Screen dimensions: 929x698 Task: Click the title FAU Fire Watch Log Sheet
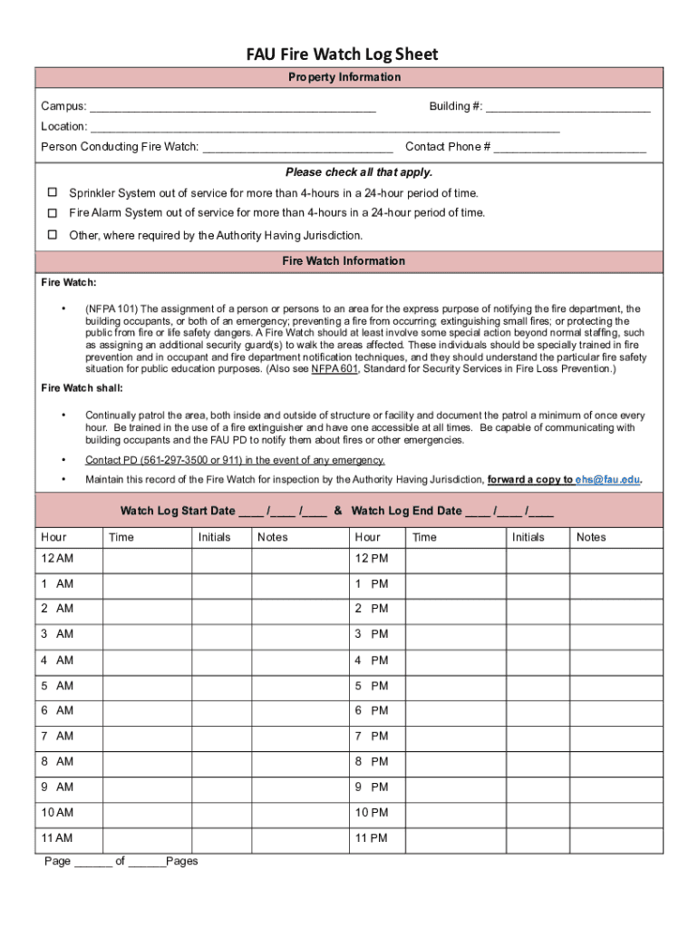click(343, 54)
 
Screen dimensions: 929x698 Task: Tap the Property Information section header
click(344, 77)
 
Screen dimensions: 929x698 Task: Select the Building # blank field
click(567, 108)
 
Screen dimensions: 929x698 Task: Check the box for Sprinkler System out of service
click(53, 192)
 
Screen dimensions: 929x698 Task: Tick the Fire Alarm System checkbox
click(53, 212)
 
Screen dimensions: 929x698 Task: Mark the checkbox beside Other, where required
click(53, 234)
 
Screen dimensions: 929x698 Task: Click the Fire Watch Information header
click(344, 261)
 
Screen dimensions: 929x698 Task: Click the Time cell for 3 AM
click(147, 634)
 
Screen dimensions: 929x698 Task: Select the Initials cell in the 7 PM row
click(537, 736)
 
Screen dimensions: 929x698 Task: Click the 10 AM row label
click(56, 812)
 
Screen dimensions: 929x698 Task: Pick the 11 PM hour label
click(371, 837)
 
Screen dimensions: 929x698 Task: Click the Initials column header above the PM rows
click(528, 537)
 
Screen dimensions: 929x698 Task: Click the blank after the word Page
click(93, 862)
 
